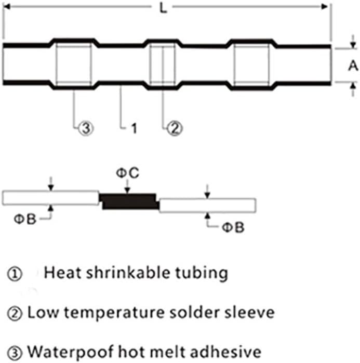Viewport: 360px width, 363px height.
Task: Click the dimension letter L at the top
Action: tap(163, 8)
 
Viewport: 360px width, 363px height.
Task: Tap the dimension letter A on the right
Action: tap(353, 66)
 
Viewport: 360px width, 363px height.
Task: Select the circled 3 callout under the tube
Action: tap(86, 128)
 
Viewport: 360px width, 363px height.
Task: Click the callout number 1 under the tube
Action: tap(134, 128)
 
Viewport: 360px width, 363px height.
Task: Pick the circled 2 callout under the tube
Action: tap(175, 128)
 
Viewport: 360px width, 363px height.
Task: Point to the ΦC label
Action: tap(127, 173)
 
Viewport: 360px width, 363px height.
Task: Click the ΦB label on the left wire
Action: tap(25, 219)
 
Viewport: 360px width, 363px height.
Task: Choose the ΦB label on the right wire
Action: tap(233, 227)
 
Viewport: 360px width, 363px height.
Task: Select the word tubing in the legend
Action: tap(202, 274)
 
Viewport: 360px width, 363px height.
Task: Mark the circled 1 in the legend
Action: tap(15, 274)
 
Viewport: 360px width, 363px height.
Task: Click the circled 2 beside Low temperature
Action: tap(15, 314)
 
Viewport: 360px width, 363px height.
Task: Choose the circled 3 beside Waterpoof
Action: tap(15, 353)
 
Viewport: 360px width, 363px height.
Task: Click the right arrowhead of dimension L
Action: tap(324, 7)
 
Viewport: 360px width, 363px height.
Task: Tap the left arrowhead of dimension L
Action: tap(7, 7)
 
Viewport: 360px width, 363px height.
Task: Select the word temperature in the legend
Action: tap(114, 313)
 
